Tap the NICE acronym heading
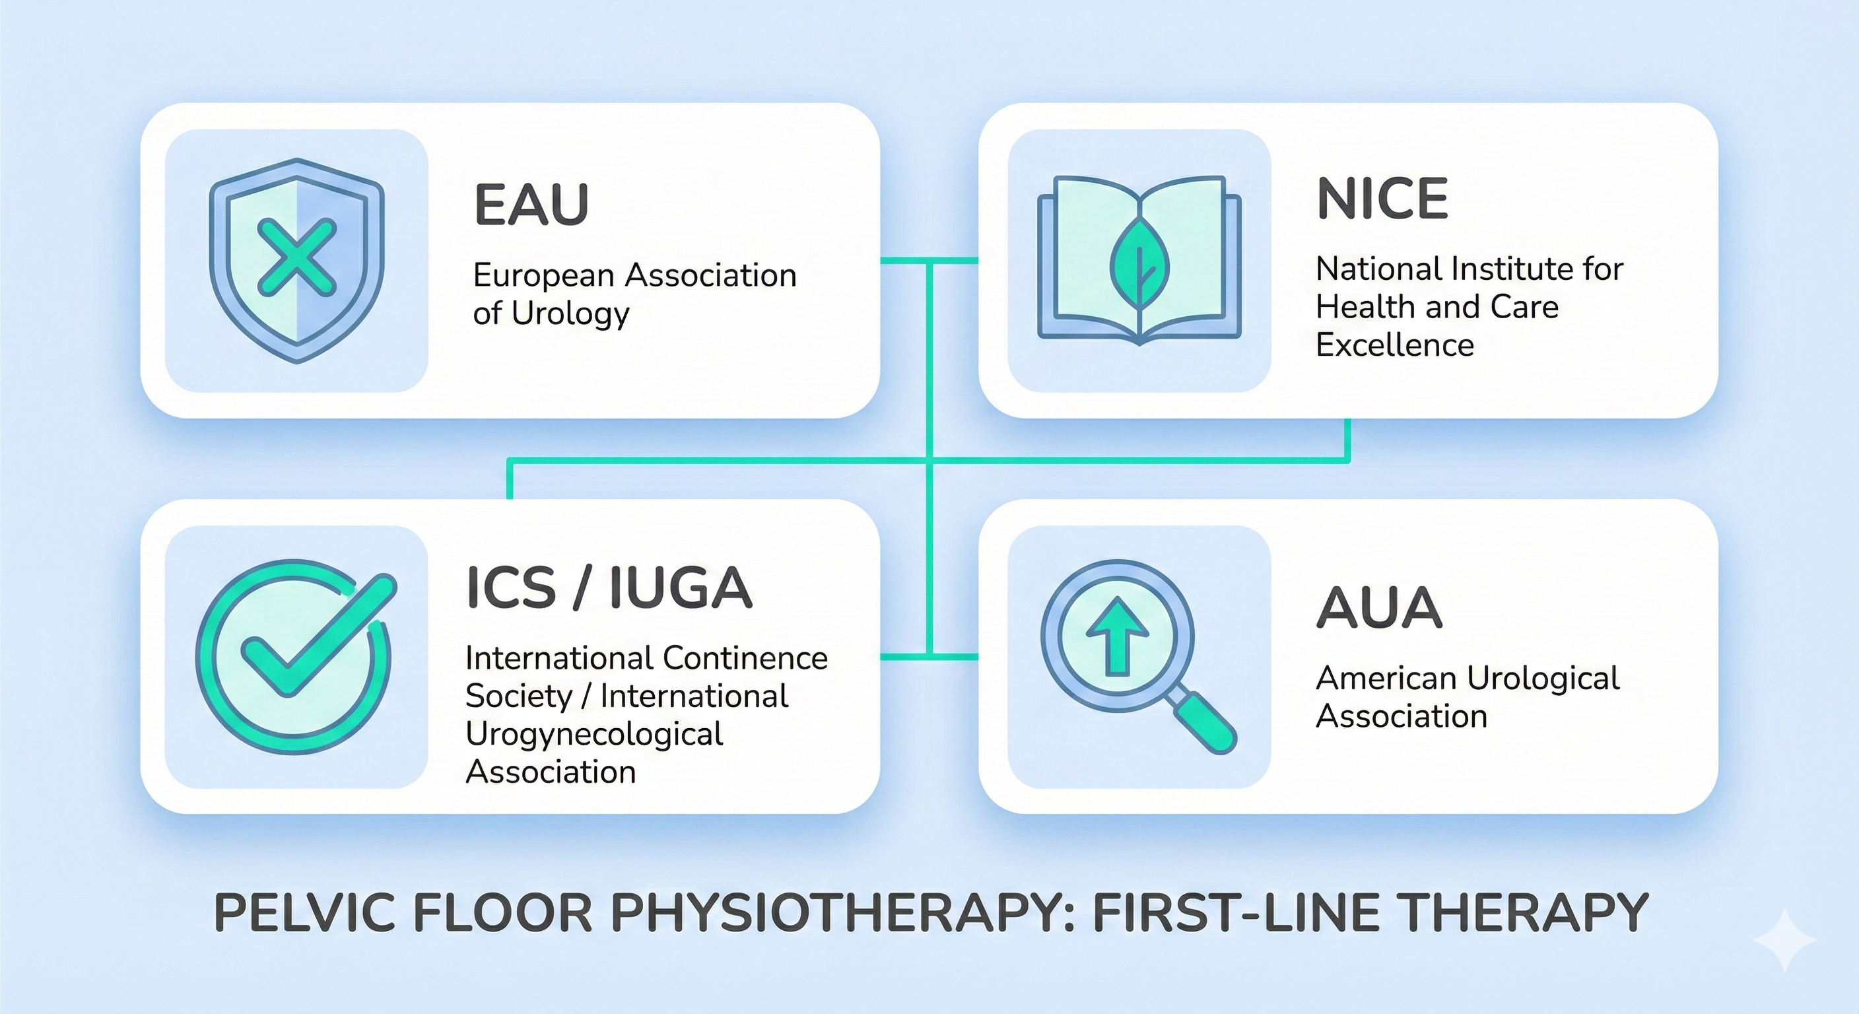1382,199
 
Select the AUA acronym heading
1379,608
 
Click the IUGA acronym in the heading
681,588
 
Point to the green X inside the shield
296,258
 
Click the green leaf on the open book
1139,261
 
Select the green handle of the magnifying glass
1203,722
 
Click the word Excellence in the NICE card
1395,345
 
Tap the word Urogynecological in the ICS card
594,734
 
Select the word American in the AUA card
1386,679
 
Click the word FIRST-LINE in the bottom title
1231,913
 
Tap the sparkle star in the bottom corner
1784,939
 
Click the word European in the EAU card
543,276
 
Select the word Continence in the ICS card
745,658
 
